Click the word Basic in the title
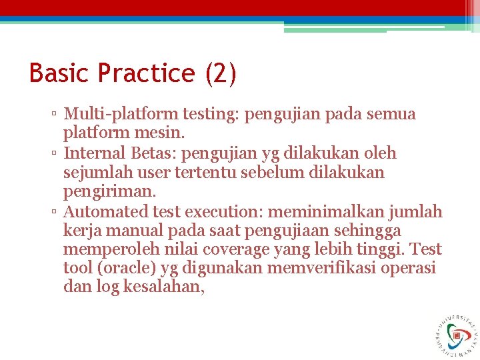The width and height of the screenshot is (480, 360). click(x=59, y=73)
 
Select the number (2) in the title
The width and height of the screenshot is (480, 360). click(x=221, y=73)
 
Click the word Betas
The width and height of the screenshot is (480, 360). click(x=149, y=153)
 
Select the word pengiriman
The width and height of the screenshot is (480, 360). click(x=109, y=192)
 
